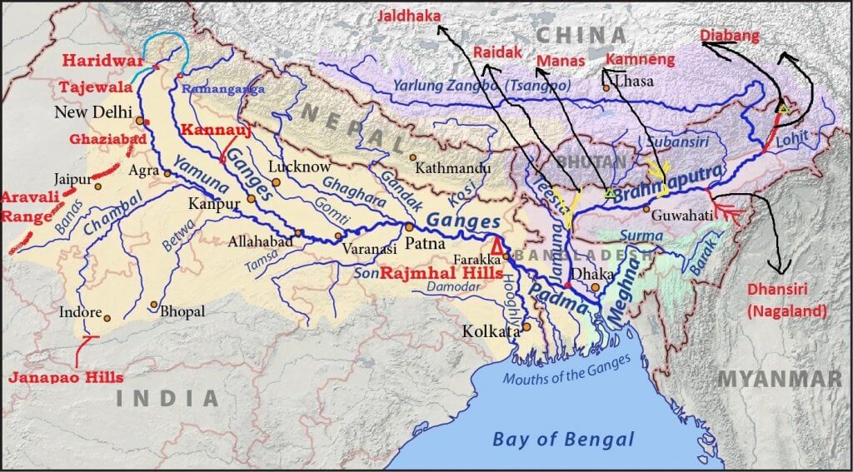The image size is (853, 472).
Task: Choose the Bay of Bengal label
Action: [x=563, y=440]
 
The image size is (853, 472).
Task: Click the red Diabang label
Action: [x=730, y=35]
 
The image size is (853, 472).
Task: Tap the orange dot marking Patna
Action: [x=409, y=226]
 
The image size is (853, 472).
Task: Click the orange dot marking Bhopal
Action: [x=153, y=305]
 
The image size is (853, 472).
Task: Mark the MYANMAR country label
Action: [x=779, y=379]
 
